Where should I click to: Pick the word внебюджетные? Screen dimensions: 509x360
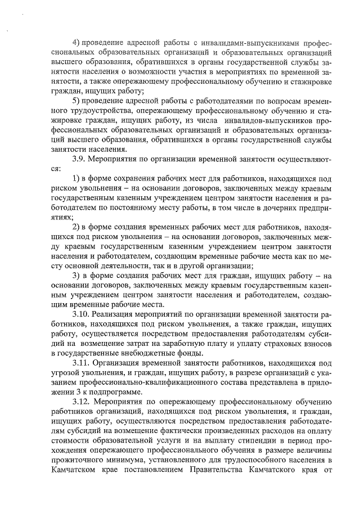(131, 353)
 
